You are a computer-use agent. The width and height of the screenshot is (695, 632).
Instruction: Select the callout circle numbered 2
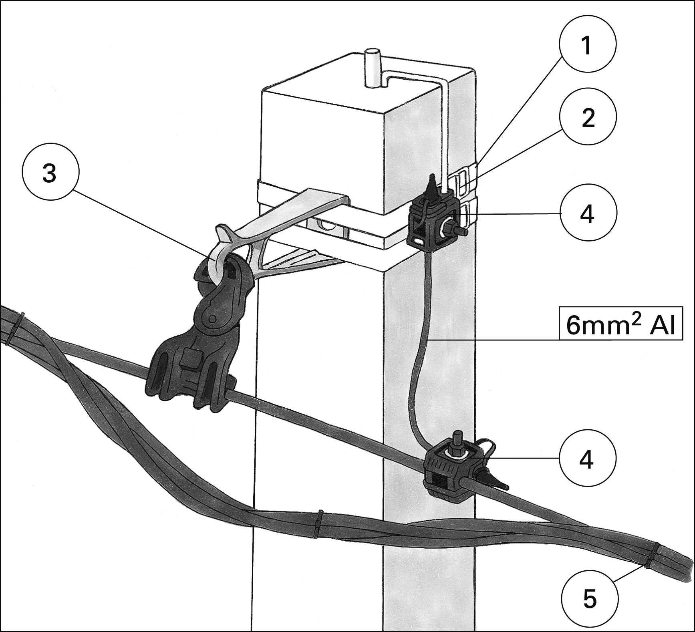[587, 117]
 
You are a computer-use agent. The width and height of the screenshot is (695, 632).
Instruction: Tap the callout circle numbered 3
[50, 173]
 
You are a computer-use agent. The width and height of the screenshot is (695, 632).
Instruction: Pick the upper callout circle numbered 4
[587, 213]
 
